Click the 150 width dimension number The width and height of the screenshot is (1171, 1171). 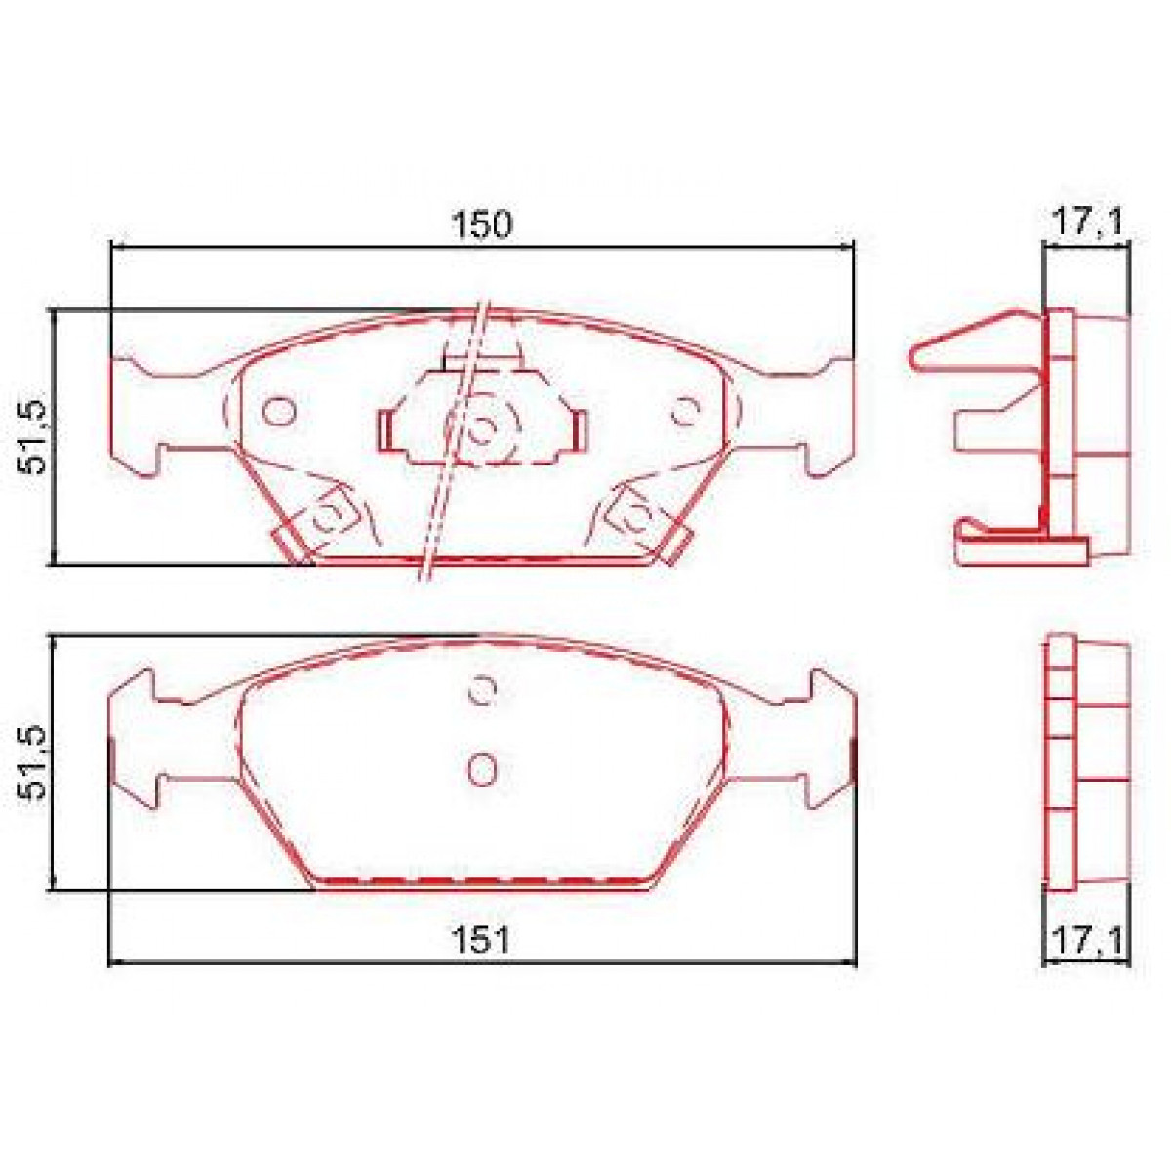click(480, 224)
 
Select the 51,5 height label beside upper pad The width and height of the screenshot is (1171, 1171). click(35, 436)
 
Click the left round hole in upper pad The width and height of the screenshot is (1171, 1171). click(279, 411)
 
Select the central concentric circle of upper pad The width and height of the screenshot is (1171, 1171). click(483, 427)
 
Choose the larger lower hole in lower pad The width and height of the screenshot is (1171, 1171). click(482, 770)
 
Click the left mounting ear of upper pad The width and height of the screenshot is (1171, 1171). click(137, 416)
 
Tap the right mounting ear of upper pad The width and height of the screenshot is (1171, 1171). click(829, 416)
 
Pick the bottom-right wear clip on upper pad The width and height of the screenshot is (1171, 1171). click(649, 527)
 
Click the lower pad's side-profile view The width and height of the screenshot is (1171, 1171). click(1086, 761)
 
